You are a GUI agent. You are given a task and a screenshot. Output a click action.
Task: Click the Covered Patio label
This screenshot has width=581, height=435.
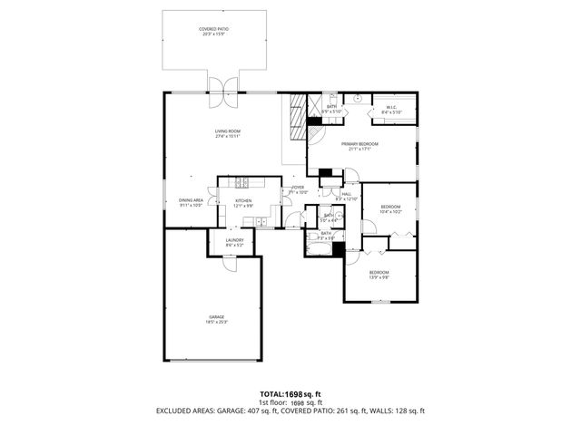[x=213, y=31]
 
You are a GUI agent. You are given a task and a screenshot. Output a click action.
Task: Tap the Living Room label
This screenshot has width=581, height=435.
[x=227, y=135]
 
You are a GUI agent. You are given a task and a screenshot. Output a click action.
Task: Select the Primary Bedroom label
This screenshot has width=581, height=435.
[x=359, y=147]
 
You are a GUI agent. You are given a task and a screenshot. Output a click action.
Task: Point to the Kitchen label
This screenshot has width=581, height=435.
[x=243, y=203]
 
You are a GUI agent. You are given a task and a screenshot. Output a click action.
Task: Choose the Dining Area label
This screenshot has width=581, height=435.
[x=191, y=203]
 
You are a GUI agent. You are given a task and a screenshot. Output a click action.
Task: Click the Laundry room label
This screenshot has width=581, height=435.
[x=235, y=242]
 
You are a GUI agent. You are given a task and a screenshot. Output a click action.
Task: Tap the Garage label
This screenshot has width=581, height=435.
[x=216, y=318]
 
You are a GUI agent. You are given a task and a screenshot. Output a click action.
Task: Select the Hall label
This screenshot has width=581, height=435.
[x=348, y=195]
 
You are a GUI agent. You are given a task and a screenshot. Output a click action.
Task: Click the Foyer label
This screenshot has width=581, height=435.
[x=298, y=189]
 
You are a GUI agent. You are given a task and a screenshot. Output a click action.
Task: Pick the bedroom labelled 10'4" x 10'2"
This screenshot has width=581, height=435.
[x=390, y=209]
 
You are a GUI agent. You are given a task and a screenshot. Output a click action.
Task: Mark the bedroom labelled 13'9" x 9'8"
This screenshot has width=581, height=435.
[x=379, y=275]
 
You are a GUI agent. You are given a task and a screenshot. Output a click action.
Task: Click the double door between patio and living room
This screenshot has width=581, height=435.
[x=223, y=88]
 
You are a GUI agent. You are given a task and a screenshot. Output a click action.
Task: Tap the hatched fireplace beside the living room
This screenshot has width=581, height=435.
[x=296, y=118]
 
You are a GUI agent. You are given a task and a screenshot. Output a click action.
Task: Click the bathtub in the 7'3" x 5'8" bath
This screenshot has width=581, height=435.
[x=320, y=247]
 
